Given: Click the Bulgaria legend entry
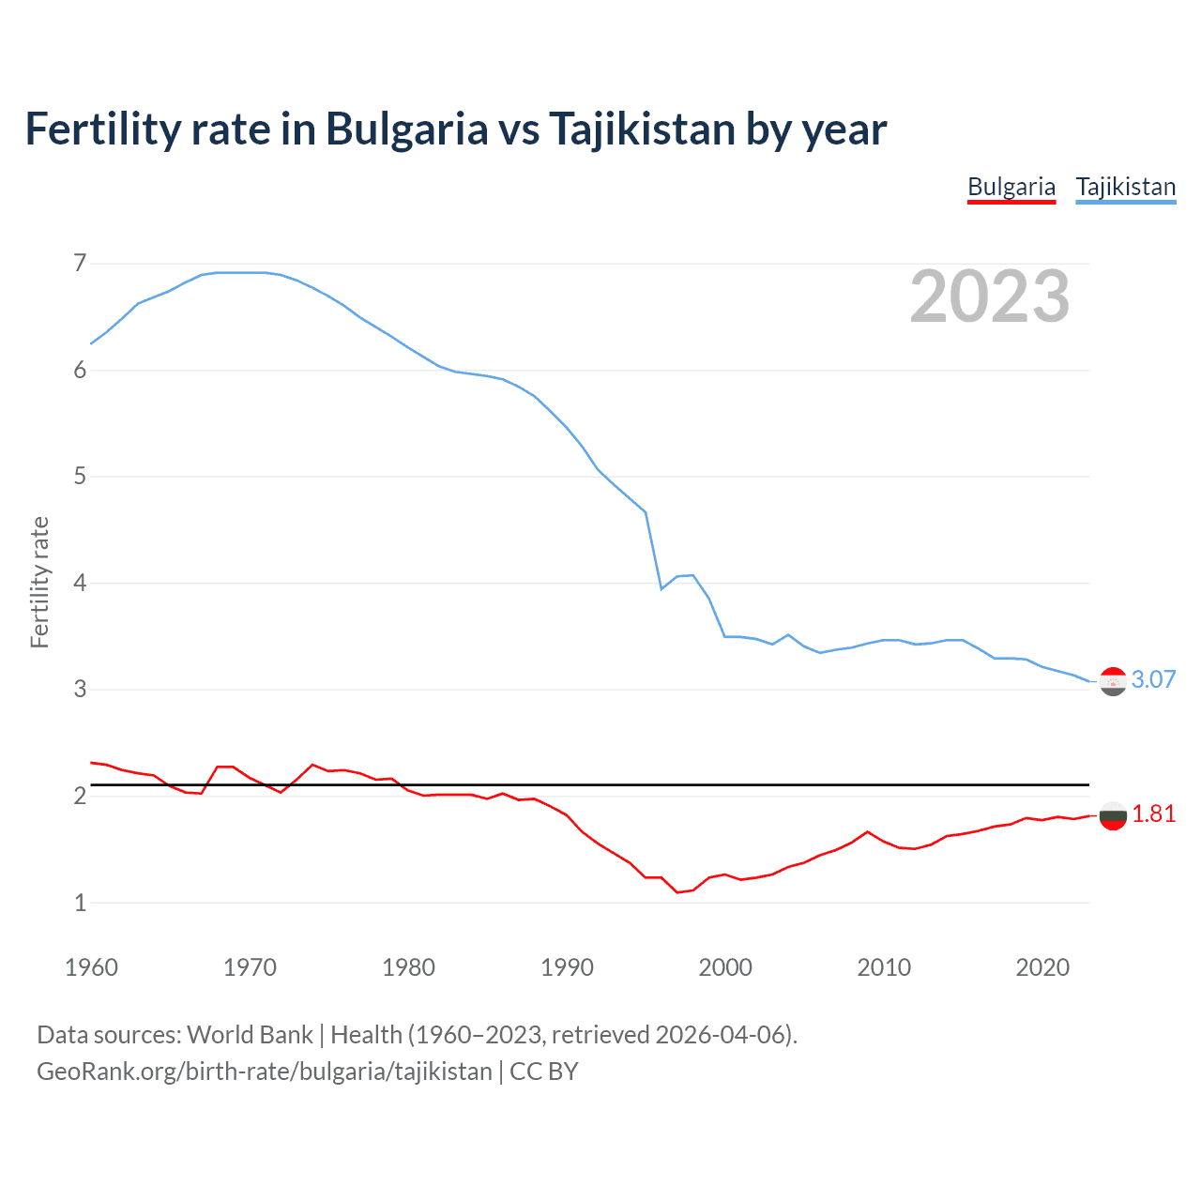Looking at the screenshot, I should [1011, 187].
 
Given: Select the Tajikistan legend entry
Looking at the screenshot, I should [1125, 187].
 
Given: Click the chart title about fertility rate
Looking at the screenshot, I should [455, 129].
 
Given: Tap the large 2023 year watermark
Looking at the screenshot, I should [990, 296].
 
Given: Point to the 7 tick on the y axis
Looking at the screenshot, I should [80, 263].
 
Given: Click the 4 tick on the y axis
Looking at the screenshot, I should [80, 583].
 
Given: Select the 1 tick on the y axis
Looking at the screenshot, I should [80, 903].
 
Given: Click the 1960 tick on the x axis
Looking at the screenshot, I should [91, 967].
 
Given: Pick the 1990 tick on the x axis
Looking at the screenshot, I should [567, 967].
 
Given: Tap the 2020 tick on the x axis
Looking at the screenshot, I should [1042, 967].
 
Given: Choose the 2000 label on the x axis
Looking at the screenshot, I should [725, 967].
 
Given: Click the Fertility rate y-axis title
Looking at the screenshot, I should [39, 582].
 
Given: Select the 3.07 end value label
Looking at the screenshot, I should [1153, 679].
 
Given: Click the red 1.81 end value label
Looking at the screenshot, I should [1153, 813].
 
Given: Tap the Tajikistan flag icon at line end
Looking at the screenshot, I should [1113, 681].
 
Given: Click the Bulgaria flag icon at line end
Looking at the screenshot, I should [1113, 815].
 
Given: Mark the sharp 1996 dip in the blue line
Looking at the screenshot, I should [661, 588].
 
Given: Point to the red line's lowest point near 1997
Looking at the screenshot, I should [677, 892].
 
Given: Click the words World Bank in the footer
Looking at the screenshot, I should [250, 1034].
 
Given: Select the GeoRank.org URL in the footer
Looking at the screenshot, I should [264, 1071].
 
